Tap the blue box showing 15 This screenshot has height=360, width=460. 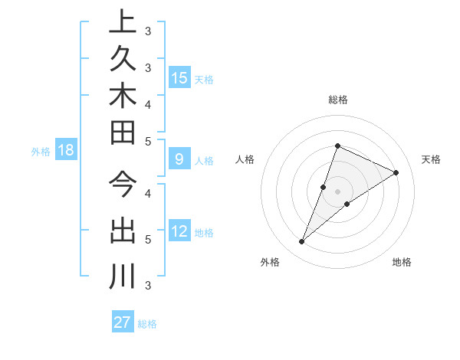(x=179, y=77)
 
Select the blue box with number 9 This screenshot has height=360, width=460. (x=179, y=159)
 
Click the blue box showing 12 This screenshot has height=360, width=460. (x=179, y=231)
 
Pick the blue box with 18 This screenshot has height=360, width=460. (x=66, y=150)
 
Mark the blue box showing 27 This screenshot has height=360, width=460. (x=123, y=322)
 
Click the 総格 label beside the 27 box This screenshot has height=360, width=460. (x=147, y=324)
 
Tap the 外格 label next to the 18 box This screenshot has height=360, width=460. (x=41, y=152)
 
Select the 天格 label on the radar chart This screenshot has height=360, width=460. (x=431, y=159)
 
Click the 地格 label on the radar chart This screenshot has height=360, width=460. (x=402, y=262)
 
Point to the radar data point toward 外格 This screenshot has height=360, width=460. (x=301, y=242)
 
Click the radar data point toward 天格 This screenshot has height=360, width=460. (x=396, y=172)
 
